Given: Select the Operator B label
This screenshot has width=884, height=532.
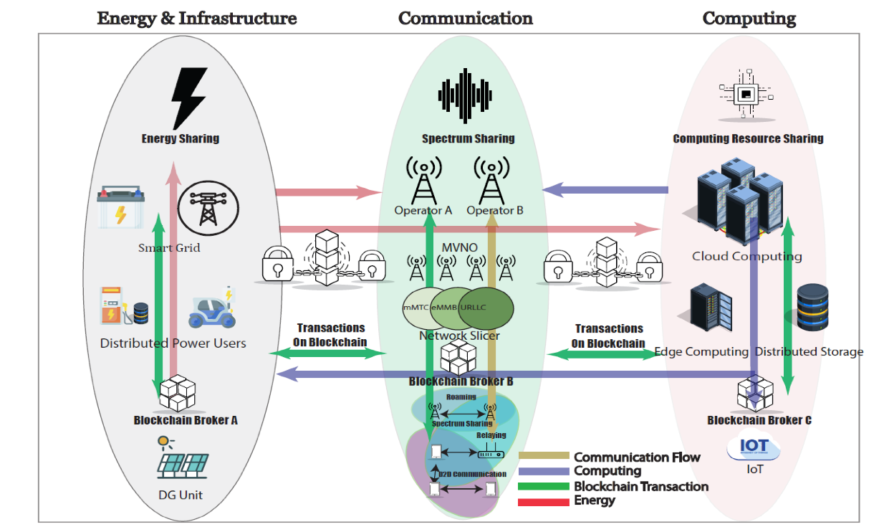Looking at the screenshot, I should pyautogui.click(x=495, y=211).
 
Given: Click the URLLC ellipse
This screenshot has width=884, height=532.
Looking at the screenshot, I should pyautogui.click(x=489, y=308).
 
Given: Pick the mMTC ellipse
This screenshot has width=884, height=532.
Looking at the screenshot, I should pyautogui.click(x=418, y=308).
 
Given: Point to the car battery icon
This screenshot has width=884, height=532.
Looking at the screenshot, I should pyautogui.click(x=121, y=208).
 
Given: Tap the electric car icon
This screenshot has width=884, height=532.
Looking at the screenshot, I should pyautogui.click(x=211, y=309).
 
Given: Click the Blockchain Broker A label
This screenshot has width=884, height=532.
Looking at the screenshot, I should pyautogui.click(x=186, y=420).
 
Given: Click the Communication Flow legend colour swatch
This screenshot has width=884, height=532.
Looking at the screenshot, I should pyautogui.click(x=544, y=457).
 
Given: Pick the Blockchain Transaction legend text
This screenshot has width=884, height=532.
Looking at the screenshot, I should pyautogui.click(x=640, y=486).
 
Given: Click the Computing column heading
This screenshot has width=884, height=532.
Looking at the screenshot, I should pyautogui.click(x=749, y=19).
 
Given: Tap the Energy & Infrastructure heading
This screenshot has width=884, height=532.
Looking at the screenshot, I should pyautogui.click(x=197, y=19).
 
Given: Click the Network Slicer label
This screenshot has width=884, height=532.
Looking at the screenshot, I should pyautogui.click(x=459, y=336).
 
